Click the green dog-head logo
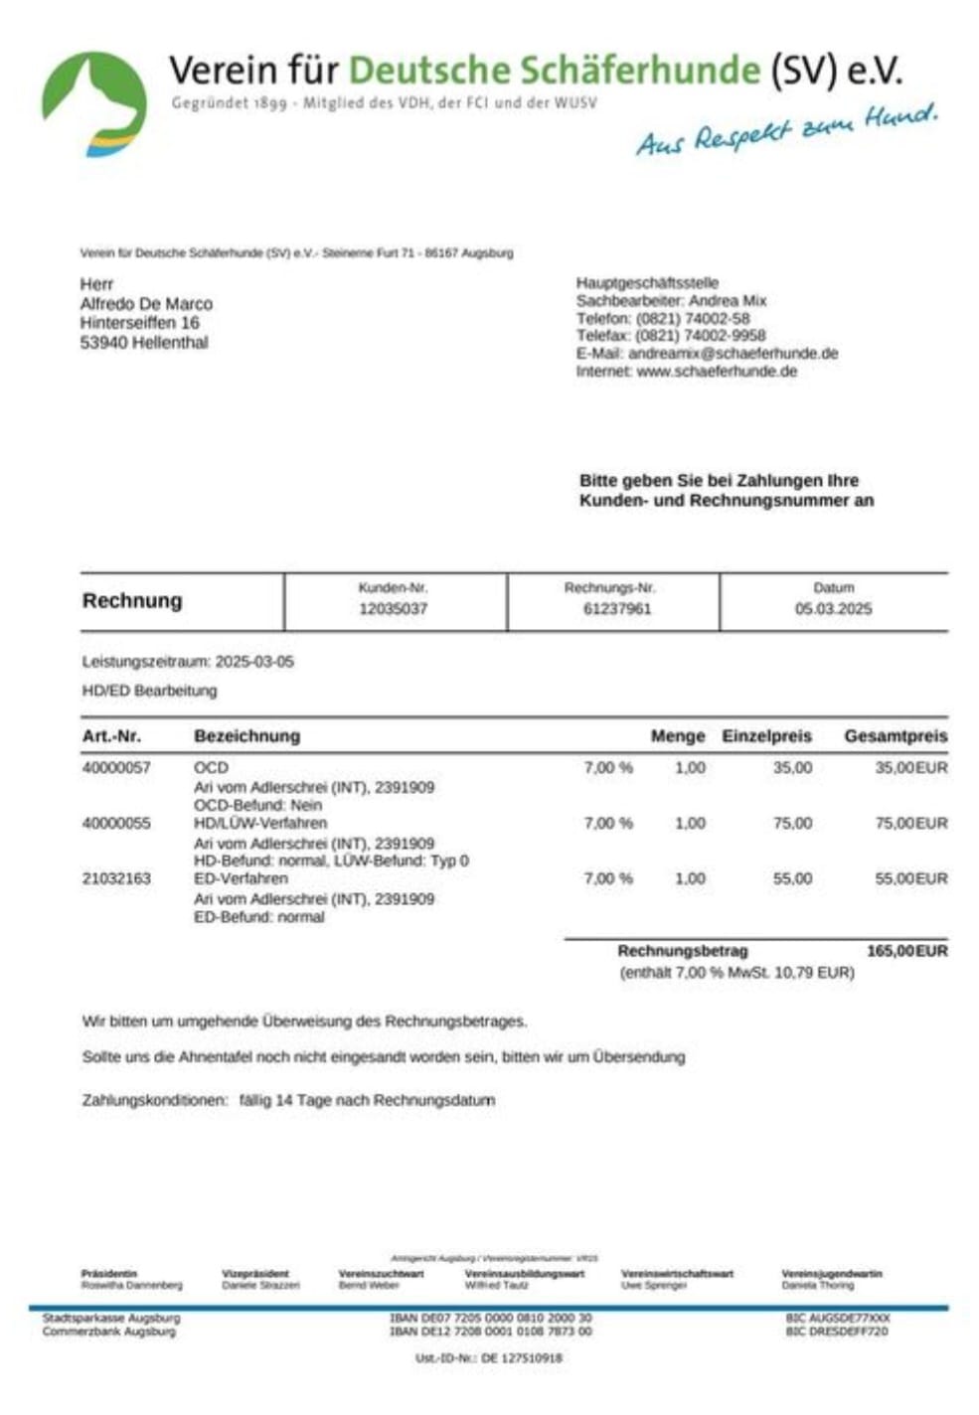point(93,103)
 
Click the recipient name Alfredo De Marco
point(146,303)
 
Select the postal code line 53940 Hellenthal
point(144,343)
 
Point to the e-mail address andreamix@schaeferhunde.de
point(733,353)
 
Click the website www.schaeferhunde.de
point(716,371)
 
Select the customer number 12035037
point(393,608)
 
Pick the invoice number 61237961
point(616,608)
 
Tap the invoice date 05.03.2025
point(833,608)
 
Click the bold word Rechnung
point(132,600)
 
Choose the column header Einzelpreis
point(766,736)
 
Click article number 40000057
point(116,767)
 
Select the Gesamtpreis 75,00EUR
point(910,823)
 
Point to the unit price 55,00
point(792,878)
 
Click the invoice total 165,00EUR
point(906,951)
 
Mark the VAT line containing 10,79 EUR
point(736,972)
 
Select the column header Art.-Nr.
point(111,736)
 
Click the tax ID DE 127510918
point(522,1357)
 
